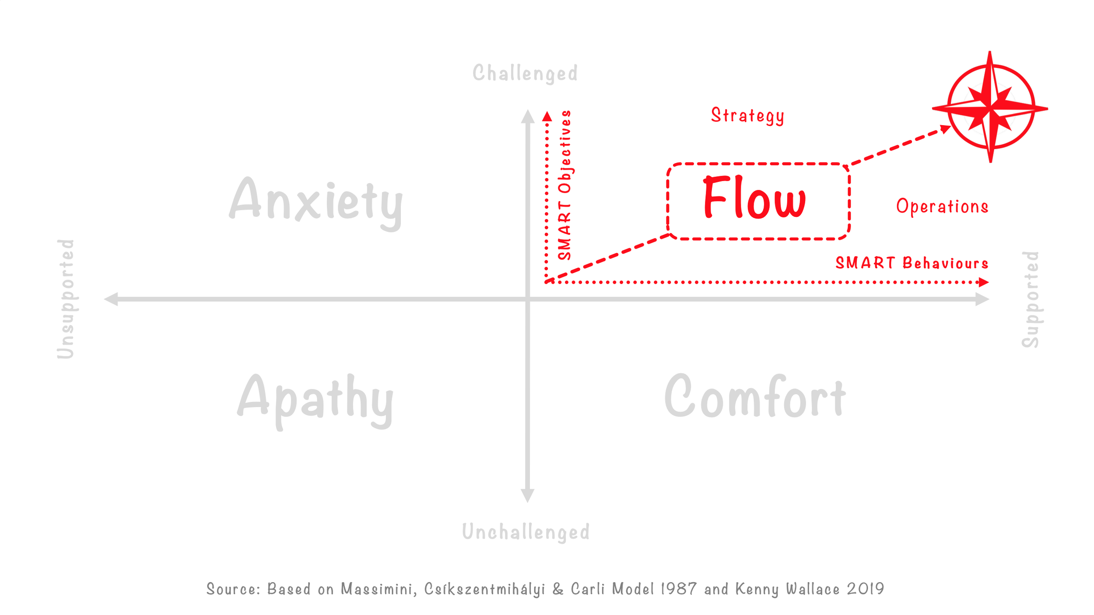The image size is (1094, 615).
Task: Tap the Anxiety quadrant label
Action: [316, 202]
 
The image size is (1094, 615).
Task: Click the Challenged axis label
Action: [525, 73]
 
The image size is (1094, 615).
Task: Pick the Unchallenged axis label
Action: [526, 532]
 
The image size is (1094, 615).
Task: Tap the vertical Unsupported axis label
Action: [66, 299]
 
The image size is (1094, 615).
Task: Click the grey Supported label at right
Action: [1031, 299]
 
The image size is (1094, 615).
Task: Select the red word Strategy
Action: [747, 115]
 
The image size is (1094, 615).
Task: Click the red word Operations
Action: [942, 206]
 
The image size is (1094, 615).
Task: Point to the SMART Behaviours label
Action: [912, 263]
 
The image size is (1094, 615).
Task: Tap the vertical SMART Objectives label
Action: [565, 185]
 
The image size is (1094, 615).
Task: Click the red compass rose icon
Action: [990, 107]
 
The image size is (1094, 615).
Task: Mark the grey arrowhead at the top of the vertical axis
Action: [528, 116]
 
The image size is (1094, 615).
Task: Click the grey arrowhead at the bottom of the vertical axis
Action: [527, 495]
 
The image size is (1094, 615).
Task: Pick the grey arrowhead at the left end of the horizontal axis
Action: [111, 299]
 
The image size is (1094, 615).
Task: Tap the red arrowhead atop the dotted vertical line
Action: [547, 116]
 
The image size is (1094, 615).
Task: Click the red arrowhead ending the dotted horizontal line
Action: [983, 282]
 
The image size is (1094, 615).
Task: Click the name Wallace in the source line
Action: [813, 589]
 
